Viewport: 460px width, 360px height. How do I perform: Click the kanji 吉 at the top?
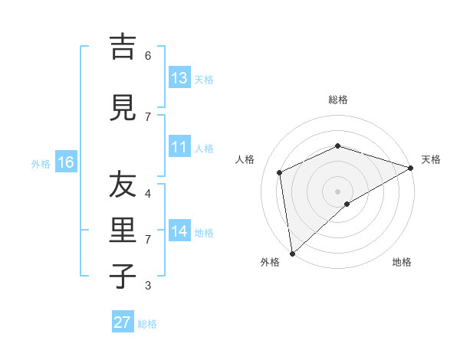click(123, 47)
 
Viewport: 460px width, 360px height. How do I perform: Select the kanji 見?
click(123, 109)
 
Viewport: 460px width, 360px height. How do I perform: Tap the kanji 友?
click(123, 186)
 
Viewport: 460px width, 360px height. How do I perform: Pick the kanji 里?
click(123, 232)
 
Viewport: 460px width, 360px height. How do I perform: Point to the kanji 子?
click(123, 276)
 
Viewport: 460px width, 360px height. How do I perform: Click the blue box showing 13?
click(179, 78)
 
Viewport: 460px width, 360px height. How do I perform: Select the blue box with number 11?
click(179, 147)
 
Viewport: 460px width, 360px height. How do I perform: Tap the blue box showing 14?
click(179, 231)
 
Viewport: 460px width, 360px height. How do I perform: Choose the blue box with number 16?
click(65, 162)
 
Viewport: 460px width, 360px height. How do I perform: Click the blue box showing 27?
click(123, 322)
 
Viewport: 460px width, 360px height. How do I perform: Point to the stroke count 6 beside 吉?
click(148, 56)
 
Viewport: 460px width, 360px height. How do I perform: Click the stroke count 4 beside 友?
click(148, 194)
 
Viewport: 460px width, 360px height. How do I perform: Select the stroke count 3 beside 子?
click(148, 286)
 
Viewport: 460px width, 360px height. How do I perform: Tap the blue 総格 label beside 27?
click(147, 324)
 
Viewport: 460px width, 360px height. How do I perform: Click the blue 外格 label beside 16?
click(41, 163)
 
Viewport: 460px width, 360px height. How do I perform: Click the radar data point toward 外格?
click(292, 253)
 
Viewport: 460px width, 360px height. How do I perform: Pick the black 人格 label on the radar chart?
click(245, 159)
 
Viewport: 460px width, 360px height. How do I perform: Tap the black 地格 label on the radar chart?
click(402, 262)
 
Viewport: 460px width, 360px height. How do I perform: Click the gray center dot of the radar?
click(337, 191)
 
